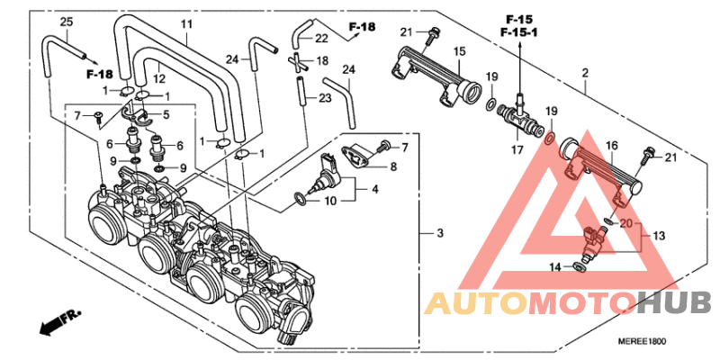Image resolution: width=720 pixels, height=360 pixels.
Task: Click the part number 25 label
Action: [x=66, y=21]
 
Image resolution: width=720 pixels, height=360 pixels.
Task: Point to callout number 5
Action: [x=166, y=114]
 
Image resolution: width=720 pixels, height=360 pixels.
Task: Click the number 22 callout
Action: [x=321, y=39]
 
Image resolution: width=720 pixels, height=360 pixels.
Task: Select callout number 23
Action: [x=325, y=97]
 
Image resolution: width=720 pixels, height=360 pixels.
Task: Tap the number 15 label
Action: [x=459, y=50]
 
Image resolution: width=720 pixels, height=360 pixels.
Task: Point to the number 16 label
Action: [x=609, y=145]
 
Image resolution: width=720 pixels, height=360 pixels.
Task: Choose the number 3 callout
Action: [x=440, y=235]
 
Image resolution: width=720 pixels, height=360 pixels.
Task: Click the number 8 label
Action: [x=392, y=166]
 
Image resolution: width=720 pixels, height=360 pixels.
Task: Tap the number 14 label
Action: [x=554, y=266]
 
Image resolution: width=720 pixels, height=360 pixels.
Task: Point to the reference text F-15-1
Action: [x=519, y=32]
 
